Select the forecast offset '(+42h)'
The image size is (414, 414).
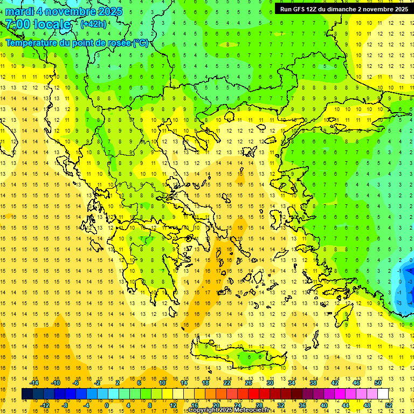[93, 24]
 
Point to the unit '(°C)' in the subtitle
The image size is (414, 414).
[140, 43]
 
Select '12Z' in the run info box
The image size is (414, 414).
[315, 9]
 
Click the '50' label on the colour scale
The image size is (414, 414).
[378, 383]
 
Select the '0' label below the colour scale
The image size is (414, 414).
[106, 405]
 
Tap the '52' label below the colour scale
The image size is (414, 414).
[389, 405]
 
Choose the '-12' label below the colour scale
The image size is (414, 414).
[45, 405]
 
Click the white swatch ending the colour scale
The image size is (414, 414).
[383, 394]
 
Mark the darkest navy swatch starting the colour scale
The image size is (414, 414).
[27, 394]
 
